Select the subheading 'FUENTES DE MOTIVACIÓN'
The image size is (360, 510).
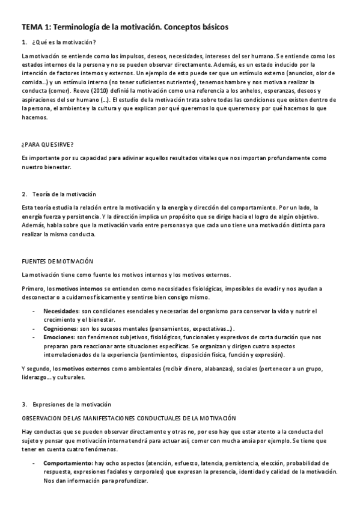[x=57, y=261]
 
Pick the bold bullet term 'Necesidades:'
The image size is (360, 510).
[x=61, y=311]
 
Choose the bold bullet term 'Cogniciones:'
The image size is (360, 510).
[x=61, y=329]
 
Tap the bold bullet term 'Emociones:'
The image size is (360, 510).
[x=59, y=338]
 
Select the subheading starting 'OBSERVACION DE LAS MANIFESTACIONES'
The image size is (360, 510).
[x=129, y=417]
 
